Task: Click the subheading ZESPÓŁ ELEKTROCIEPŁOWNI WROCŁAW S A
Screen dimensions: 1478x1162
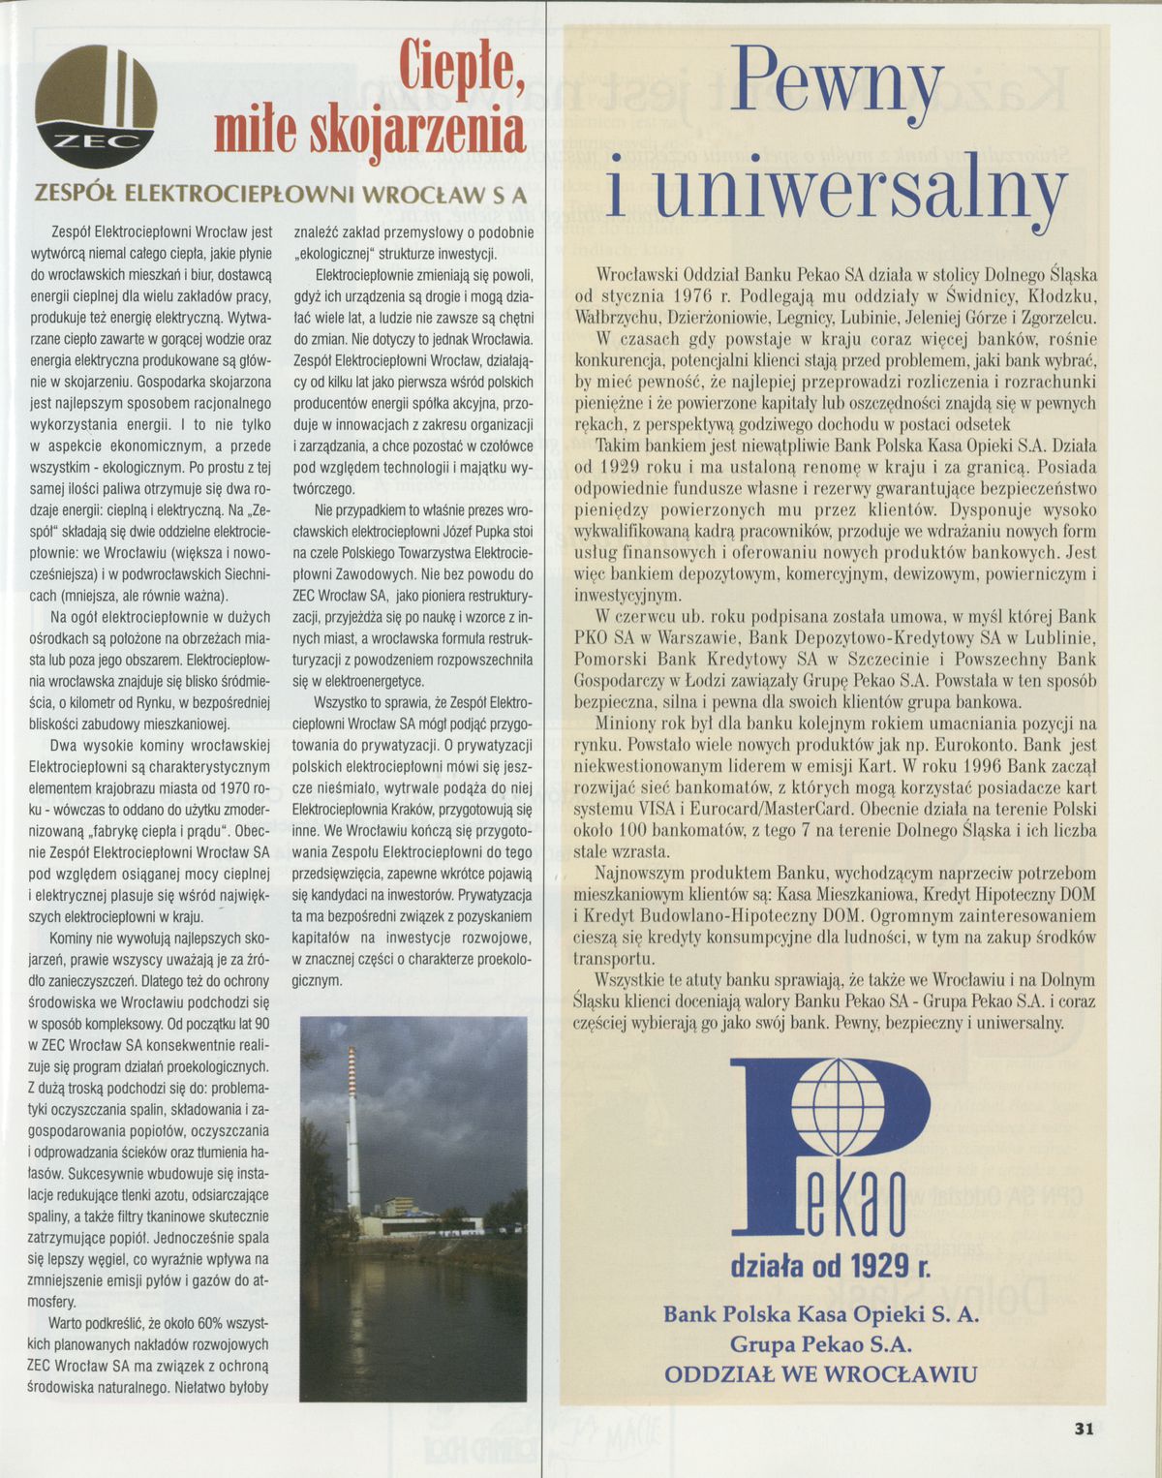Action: coord(281,193)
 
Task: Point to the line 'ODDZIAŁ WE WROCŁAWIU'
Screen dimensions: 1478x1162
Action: coord(820,1374)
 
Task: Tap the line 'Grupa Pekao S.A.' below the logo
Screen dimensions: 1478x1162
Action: coord(820,1344)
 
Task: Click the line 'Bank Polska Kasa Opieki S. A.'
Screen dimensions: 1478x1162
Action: coord(820,1314)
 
